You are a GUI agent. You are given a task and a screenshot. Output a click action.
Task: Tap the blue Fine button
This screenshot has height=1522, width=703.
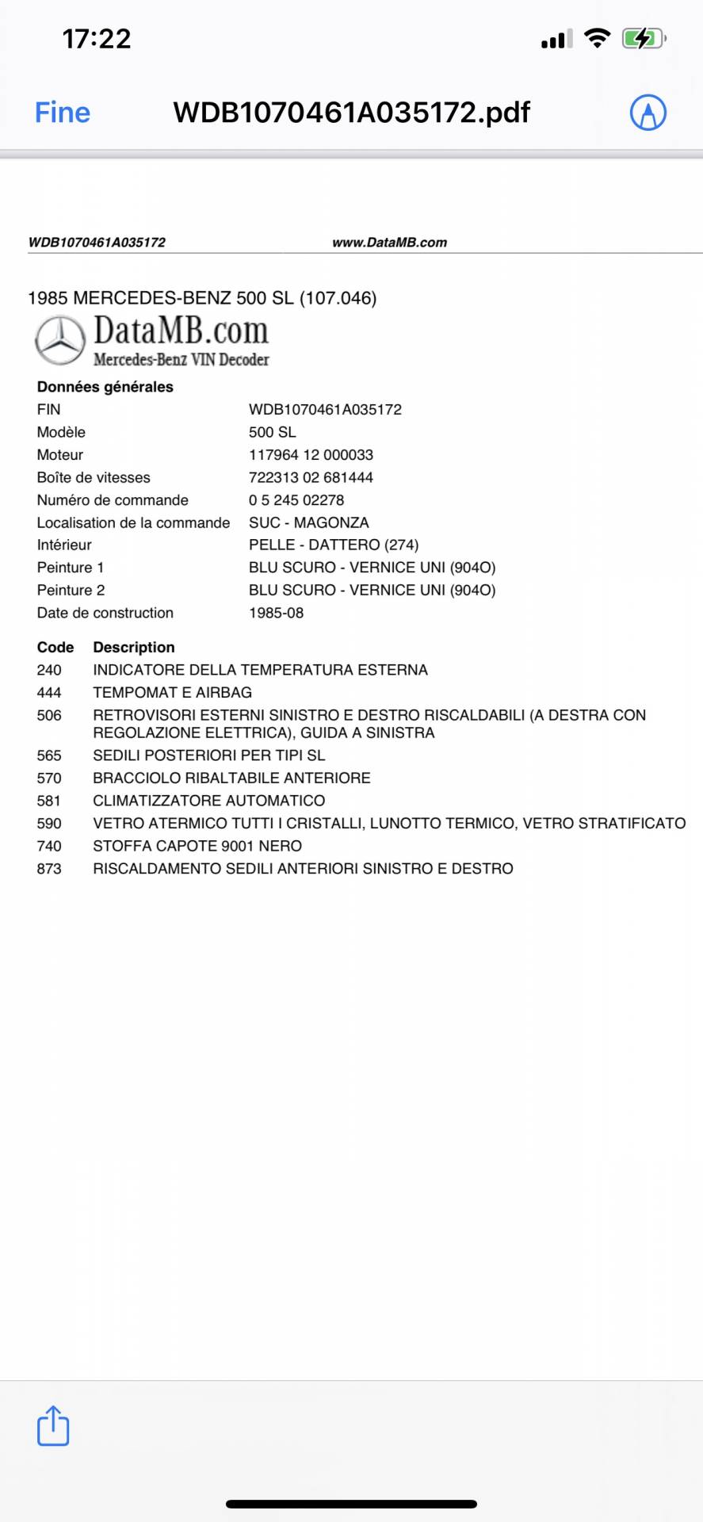(x=63, y=113)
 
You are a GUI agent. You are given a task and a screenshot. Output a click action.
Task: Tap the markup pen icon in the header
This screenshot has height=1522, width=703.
(x=648, y=113)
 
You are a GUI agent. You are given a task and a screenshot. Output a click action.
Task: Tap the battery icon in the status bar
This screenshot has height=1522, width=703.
(x=644, y=38)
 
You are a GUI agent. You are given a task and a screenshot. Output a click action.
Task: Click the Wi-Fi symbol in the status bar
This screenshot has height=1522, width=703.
(x=597, y=38)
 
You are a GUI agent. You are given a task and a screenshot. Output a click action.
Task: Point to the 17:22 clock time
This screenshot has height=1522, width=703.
(x=97, y=39)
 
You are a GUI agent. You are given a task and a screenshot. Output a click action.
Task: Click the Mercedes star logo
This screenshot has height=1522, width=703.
(x=60, y=341)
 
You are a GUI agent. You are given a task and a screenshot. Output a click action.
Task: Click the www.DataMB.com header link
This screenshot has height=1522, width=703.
(x=389, y=243)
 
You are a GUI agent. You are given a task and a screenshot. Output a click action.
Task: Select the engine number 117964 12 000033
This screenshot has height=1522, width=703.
(x=311, y=455)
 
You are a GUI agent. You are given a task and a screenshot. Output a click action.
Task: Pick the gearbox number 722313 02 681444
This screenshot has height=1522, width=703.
(x=311, y=477)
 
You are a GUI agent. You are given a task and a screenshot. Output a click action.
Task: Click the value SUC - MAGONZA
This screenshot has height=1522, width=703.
(x=308, y=522)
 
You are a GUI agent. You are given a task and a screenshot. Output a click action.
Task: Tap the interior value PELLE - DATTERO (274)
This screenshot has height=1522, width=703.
(x=334, y=545)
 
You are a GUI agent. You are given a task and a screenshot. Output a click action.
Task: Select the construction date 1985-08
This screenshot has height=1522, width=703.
(x=276, y=613)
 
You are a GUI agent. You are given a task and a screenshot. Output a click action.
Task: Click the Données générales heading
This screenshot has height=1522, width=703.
(x=105, y=387)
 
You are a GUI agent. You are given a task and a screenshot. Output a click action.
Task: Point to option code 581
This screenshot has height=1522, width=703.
(x=48, y=801)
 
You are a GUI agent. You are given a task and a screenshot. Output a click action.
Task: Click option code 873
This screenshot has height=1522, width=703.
(x=48, y=869)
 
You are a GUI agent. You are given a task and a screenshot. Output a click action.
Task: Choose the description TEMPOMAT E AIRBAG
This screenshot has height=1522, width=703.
(x=172, y=693)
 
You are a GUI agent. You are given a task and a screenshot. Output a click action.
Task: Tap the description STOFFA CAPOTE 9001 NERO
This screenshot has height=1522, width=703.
(x=197, y=846)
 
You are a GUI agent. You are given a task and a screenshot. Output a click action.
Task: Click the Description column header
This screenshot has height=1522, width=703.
(x=133, y=648)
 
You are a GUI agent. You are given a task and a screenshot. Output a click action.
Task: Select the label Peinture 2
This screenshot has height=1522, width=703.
(x=71, y=591)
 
